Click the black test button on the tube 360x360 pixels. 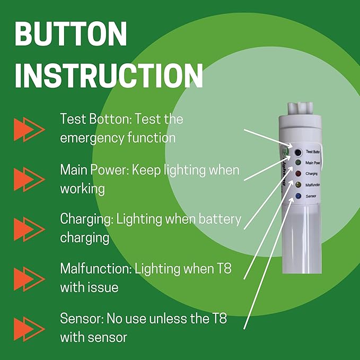[x=298, y=152]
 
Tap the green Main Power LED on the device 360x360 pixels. [x=298, y=162]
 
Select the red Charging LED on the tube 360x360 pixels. [x=298, y=173]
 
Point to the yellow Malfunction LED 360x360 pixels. [x=298, y=185]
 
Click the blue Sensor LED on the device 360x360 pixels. [x=298, y=196]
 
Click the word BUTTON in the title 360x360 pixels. [x=71, y=34]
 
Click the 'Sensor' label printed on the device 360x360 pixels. [x=312, y=196]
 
